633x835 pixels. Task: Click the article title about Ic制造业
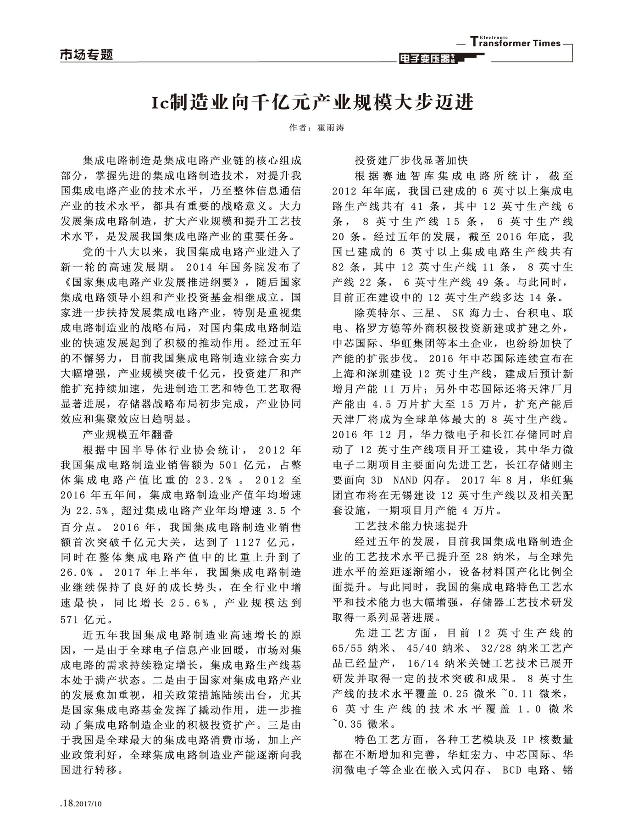coord(312,102)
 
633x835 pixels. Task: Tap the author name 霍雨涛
coord(330,128)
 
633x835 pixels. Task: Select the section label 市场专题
coord(87,55)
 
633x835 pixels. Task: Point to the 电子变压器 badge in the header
coord(426,58)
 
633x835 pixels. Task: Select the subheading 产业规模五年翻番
coord(128,434)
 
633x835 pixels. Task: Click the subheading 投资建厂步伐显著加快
coord(411,161)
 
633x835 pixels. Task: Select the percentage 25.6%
coord(189,603)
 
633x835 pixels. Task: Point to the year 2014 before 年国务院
coord(200,267)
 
